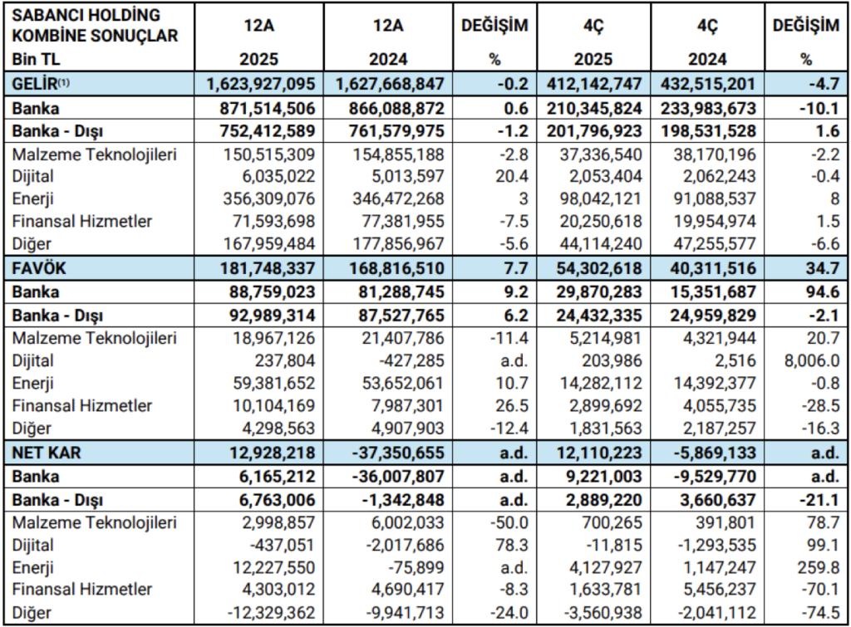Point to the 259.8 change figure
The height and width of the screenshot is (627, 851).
815,566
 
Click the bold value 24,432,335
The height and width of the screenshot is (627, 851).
589,316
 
